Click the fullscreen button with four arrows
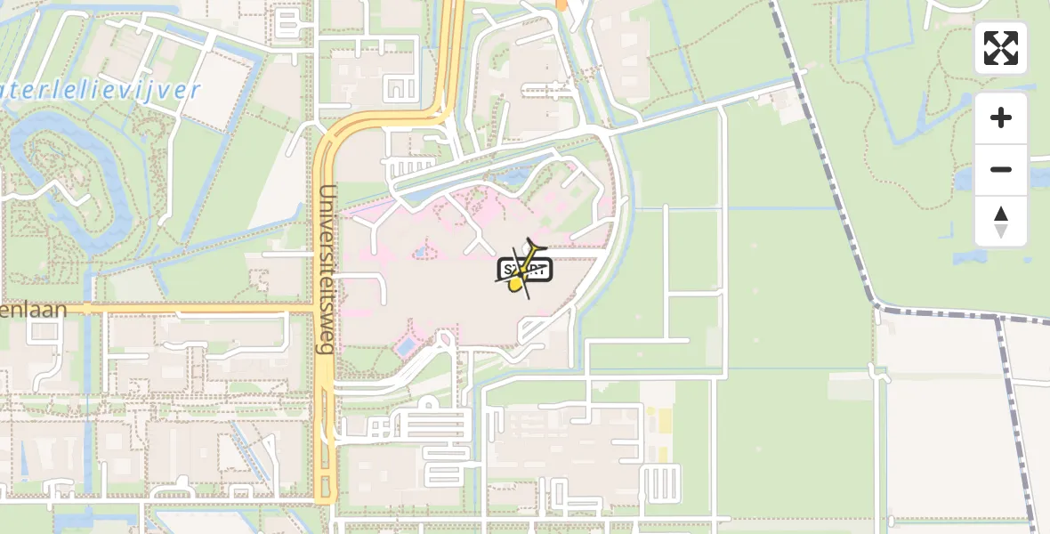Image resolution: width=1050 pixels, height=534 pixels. pos(1001,48)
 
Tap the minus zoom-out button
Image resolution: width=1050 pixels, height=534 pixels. pos(1001,169)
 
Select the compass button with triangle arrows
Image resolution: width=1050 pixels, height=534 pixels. pos(1001,222)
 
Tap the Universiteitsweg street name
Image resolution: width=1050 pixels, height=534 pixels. pos(327,269)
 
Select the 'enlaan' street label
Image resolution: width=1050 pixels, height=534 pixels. pos(33,309)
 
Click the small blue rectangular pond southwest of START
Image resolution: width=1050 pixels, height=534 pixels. pos(406,345)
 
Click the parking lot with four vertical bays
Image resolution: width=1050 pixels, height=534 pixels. pos(660,484)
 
